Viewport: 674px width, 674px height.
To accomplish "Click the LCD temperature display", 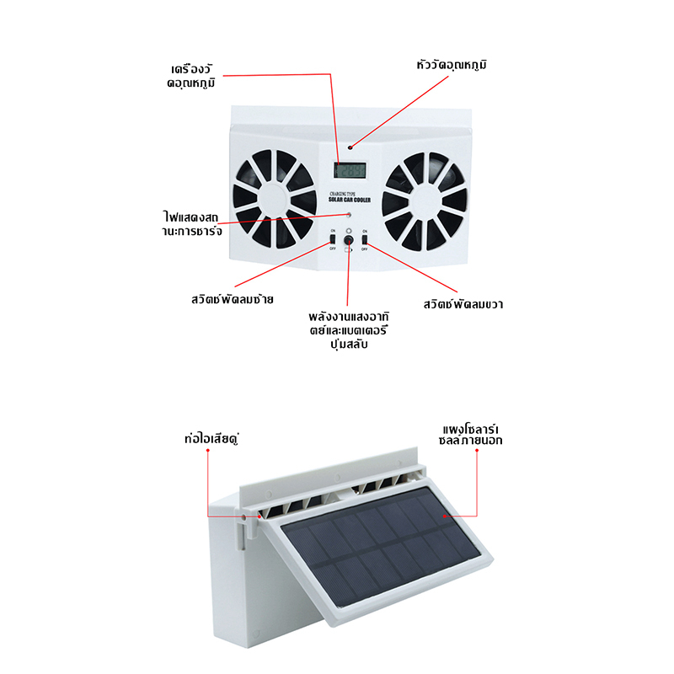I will coord(348,170).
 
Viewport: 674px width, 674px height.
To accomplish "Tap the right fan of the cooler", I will coord(424,201).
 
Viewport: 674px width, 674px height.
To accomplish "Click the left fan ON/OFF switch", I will coord(333,242).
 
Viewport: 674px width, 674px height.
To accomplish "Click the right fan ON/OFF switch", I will coord(365,242).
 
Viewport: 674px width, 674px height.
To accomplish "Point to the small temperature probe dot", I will coord(352,146).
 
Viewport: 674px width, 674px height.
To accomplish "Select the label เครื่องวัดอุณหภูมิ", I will coord(195,75).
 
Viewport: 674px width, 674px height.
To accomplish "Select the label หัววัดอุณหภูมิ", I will coord(452,65).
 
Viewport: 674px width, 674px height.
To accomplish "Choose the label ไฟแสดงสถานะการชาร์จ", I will coord(193,223).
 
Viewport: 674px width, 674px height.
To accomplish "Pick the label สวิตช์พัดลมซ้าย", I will coord(233,298).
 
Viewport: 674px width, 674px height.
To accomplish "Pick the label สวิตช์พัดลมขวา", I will coord(463,303).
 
